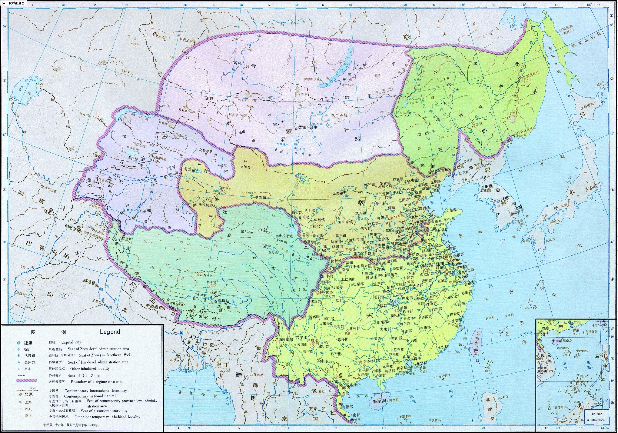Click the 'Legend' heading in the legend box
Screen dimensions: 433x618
tap(110, 332)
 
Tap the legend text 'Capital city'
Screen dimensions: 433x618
tap(71, 342)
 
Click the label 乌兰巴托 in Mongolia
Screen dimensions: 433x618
tap(339, 116)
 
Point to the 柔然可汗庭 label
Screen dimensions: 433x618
tap(308, 127)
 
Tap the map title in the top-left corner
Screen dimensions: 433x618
tap(13, 3)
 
